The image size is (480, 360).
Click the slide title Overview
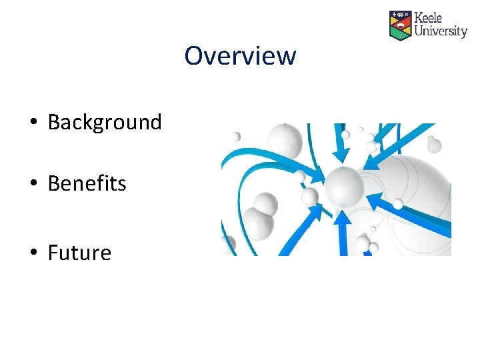[x=240, y=55]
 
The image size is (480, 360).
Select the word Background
[x=105, y=122]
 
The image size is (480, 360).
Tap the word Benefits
[x=87, y=183]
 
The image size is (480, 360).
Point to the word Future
[x=79, y=253]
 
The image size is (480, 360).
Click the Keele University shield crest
[x=400, y=25]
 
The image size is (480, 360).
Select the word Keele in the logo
[x=428, y=18]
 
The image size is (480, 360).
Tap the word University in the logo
[x=440, y=31]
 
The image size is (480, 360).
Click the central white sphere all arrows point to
[x=343, y=186]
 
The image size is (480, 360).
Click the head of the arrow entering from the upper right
[x=371, y=163]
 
